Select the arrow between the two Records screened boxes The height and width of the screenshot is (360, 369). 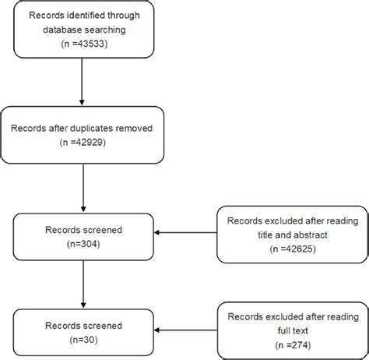(x=82, y=284)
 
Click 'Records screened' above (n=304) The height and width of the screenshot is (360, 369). (x=82, y=229)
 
